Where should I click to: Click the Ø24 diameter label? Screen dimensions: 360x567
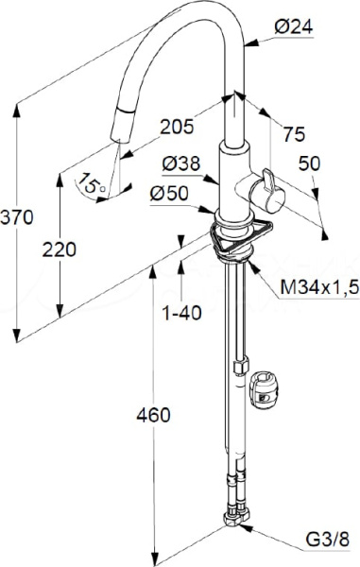[x=294, y=27]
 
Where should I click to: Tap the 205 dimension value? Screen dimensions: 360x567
[x=177, y=127]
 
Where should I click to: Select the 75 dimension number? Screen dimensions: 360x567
[x=294, y=134]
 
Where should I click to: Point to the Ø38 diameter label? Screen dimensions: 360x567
[x=180, y=163]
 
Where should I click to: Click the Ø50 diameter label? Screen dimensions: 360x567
[x=169, y=194]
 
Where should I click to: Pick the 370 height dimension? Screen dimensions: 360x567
[x=17, y=217]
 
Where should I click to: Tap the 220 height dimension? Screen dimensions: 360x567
[x=60, y=249]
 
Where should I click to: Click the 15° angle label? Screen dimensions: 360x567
[x=91, y=183]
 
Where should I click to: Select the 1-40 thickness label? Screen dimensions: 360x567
[x=181, y=313]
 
